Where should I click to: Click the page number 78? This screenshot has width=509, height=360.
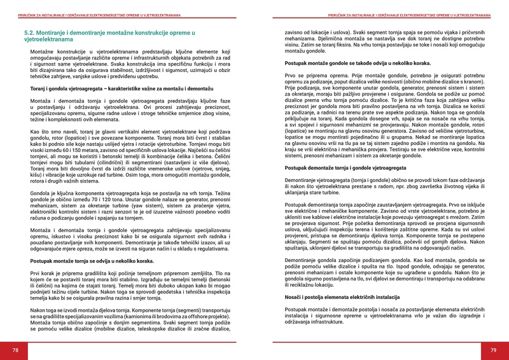click(x=15, y=350)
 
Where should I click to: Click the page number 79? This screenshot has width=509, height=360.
click(x=493, y=350)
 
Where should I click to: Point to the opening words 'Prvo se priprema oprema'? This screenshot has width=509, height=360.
click(x=313, y=76)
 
